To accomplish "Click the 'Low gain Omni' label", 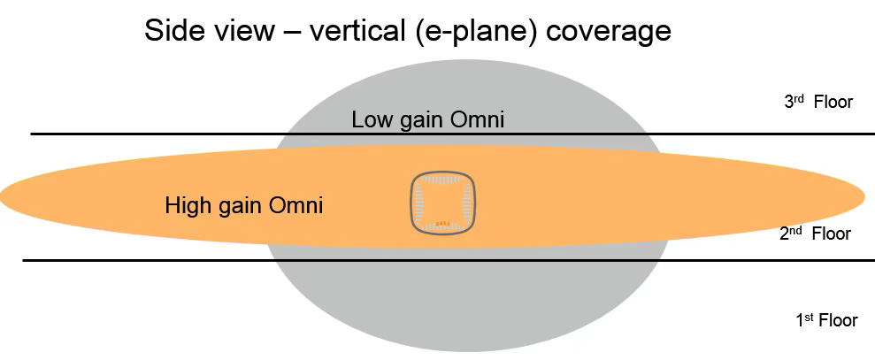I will (x=427, y=119).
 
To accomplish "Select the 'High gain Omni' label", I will (x=243, y=207).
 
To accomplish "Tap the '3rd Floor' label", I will (x=817, y=102).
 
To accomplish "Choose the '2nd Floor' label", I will (x=814, y=234).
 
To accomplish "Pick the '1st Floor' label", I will (x=825, y=320).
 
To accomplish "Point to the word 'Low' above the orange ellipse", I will (x=368, y=119).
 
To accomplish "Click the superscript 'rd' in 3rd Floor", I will (x=798, y=97).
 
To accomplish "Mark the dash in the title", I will (x=289, y=33).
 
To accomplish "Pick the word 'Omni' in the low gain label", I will (x=477, y=119).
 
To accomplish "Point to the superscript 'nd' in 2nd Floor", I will (x=794, y=229).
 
